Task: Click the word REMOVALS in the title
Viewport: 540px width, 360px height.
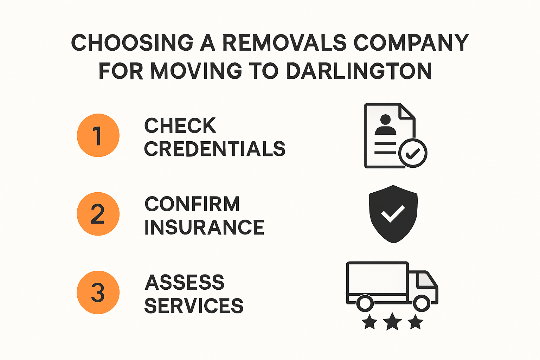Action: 284,43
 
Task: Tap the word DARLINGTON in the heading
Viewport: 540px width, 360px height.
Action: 359,71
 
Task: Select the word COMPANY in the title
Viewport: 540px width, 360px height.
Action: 411,43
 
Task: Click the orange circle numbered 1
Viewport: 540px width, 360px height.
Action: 98,135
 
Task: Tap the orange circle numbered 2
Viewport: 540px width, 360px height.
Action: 98,214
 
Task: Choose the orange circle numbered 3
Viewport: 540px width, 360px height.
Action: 98,292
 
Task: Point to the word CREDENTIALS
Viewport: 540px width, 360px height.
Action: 214,149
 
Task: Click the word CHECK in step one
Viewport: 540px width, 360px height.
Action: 180,126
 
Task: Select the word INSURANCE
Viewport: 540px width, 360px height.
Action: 204,227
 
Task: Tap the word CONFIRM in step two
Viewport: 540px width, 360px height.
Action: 192,204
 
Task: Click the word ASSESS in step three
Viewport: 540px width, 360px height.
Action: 184,282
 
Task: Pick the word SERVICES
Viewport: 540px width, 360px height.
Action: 194,306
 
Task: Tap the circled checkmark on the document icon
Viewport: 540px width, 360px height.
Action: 413,153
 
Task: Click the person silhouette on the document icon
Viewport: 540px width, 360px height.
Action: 385,125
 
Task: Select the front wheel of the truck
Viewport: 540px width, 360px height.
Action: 422,303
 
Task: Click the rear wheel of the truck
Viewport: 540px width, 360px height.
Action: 365,303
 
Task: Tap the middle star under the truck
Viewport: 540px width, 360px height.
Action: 392,322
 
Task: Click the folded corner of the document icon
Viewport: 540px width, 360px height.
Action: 408,111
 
